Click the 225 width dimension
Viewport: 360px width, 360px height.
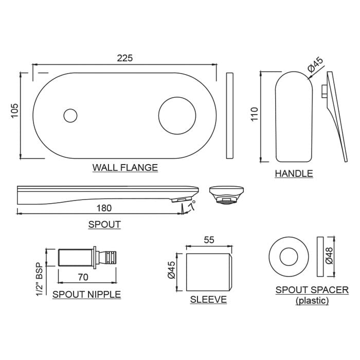pyautogui.click(x=125, y=58)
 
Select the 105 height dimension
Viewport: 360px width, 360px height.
pyautogui.click(x=14, y=111)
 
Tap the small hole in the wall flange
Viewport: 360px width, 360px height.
pyautogui.click(x=70, y=116)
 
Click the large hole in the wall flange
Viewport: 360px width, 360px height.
pyautogui.click(x=177, y=116)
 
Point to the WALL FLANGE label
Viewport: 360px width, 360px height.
pyautogui.click(x=125, y=168)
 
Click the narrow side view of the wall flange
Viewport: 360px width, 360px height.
pyautogui.click(x=230, y=116)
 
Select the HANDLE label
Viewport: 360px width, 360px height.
pyautogui.click(x=294, y=174)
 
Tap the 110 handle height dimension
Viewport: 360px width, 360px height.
pyautogui.click(x=255, y=114)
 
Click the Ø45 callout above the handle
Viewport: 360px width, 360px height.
pyautogui.click(x=315, y=65)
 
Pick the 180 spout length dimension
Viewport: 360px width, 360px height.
pyautogui.click(x=104, y=208)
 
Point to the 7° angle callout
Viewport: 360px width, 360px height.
pyautogui.click(x=192, y=206)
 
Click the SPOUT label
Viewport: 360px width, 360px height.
pyautogui.click(x=104, y=225)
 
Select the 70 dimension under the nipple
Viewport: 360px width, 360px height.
pyautogui.click(x=83, y=277)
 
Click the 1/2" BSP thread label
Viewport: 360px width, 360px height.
pyautogui.click(x=40, y=279)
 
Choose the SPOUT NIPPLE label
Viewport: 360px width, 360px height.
pyautogui.click(x=86, y=295)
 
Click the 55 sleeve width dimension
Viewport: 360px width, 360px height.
pyautogui.click(x=209, y=240)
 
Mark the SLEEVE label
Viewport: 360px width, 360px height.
pyautogui.click(x=208, y=300)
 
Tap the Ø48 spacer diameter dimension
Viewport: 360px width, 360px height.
pyautogui.click(x=329, y=256)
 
